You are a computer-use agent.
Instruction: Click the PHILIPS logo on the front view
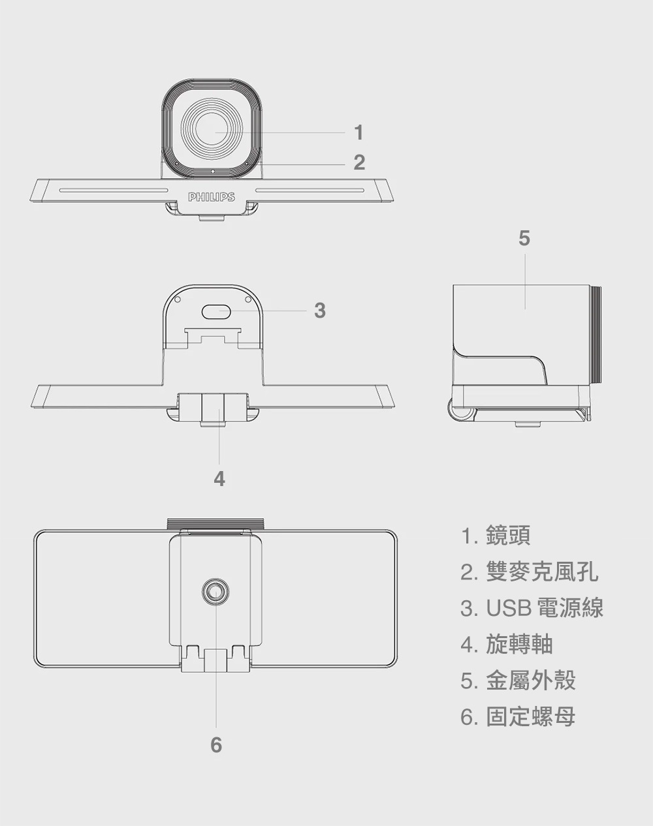[x=211, y=196]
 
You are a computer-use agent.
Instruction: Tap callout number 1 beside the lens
[x=358, y=132]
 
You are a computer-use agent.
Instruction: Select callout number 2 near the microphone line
[x=359, y=162]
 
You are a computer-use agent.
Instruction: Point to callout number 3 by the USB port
[x=319, y=311]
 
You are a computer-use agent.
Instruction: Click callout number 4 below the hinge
[x=219, y=479]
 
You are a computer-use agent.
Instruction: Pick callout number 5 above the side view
[x=524, y=238]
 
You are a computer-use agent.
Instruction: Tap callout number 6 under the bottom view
[x=216, y=744]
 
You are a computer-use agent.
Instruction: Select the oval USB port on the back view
[x=215, y=311]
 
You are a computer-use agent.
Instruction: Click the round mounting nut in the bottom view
[x=215, y=591]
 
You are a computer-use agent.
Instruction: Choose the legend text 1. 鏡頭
[x=496, y=536]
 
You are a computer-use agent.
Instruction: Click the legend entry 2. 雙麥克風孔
[x=529, y=572]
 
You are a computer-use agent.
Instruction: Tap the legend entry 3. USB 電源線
[x=532, y=608]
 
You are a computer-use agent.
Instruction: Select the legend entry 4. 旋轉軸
[x=507, y=644]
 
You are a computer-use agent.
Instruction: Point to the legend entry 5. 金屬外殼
[x=518, y=681]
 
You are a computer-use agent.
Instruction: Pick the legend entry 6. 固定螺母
[x=518, y=717]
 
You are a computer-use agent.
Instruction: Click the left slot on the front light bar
[x=114, y=191]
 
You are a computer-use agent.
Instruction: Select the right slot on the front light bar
[x=311, y=191]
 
